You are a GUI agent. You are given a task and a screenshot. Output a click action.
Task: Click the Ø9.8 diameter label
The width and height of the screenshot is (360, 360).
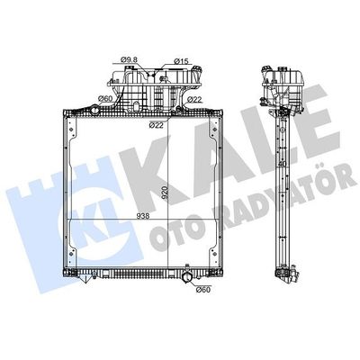click(129, 59)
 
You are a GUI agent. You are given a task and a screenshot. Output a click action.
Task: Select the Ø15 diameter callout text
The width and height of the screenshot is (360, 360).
click(181, 61)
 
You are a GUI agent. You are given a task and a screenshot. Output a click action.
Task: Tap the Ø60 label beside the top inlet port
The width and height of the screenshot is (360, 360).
click(105, 98)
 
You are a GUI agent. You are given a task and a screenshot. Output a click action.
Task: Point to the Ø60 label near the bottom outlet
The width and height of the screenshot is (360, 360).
click(203, 290)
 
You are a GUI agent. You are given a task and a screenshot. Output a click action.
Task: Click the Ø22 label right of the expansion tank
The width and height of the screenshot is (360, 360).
click(194, 100)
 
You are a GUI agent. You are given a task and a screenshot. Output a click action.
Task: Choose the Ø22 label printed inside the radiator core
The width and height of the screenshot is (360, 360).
click(157, 125)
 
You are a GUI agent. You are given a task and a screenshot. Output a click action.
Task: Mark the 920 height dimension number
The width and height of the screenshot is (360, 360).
click(165, 193)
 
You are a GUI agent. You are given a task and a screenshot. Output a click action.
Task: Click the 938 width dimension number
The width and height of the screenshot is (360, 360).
click(143, 216)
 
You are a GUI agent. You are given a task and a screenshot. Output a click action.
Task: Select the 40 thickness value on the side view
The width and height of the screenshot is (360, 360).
click(282, 165)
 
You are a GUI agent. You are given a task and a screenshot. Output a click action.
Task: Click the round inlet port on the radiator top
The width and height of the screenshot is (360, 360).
click(94, 110)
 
